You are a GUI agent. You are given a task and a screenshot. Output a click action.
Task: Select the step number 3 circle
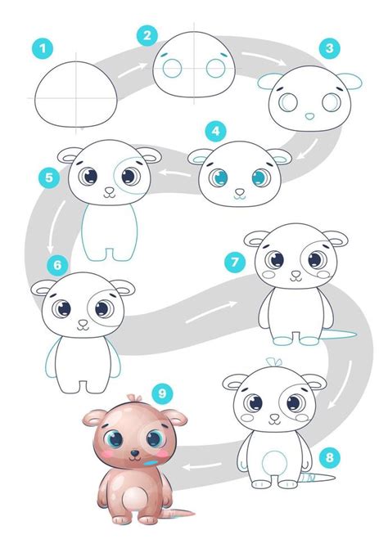[328, 49]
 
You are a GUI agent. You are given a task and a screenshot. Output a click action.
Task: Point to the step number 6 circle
[56, 264]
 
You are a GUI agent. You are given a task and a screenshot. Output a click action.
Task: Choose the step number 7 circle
[234, 262]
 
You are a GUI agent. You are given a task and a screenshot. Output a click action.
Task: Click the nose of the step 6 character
[82, 323]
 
